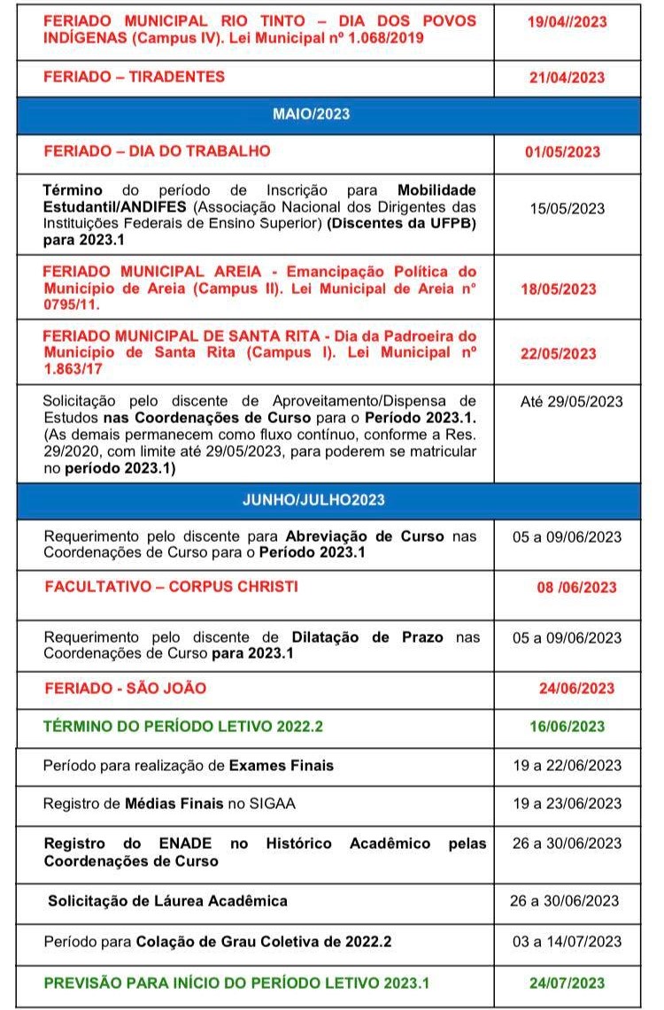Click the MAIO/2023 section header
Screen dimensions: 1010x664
click(x=312, y=114)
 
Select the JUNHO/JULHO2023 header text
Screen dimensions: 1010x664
click(x=313, y=499)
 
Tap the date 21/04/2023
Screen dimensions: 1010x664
click(x=567, y=78)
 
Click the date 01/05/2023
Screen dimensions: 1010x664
click(x=562, y=152)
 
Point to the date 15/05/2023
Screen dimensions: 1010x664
click(x=573, y=209)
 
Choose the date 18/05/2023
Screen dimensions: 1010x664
click(x=559, y=289)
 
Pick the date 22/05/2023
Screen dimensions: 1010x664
click(x=559, y=353)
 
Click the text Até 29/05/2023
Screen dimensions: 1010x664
click(x=572, y=401)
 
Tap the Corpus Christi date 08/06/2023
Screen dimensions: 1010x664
click(x=576, y=588)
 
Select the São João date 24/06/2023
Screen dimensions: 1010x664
click(x=576, y=689)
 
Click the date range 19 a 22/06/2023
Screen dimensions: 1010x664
click(x=567, y=765)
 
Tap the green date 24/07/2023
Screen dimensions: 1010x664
click(x=567, y=983)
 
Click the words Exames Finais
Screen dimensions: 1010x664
click(x=282, y=765)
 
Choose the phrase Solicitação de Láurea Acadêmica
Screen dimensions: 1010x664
click(x=168, y=901)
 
